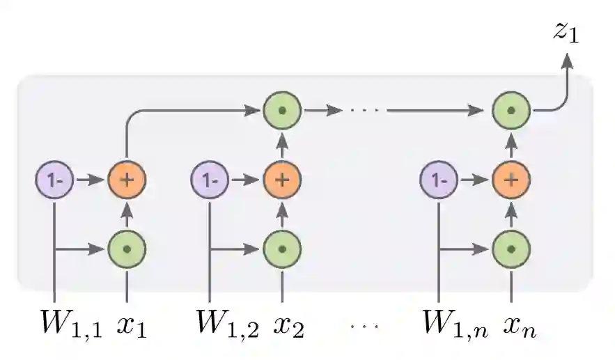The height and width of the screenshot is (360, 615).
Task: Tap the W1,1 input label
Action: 70,324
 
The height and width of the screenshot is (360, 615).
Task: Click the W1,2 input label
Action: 226,324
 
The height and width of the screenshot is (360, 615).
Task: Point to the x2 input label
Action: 288,325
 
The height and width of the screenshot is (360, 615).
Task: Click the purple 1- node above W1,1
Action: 54,180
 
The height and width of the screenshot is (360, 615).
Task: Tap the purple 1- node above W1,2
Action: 210,180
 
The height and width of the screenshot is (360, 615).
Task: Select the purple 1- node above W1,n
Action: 439,180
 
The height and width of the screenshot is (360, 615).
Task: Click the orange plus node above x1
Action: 127,180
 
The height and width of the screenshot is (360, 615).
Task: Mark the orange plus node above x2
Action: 282,180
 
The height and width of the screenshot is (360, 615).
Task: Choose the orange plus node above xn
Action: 511,180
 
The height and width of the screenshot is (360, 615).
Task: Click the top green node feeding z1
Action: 511,110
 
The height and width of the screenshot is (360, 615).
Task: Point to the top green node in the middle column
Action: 282,110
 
